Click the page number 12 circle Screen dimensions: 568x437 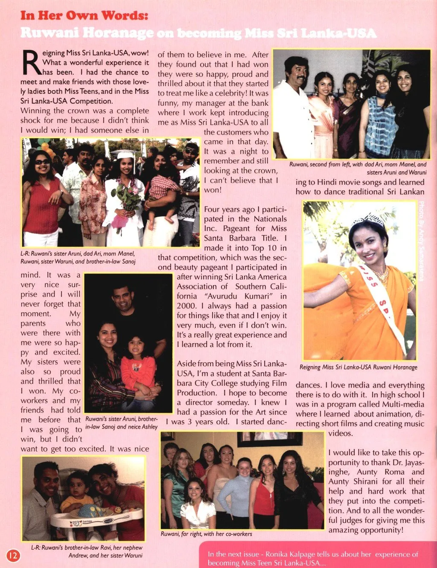pos(13,555)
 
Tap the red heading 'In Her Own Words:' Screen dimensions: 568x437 pos(84,15)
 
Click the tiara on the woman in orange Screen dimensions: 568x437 pos(367,219)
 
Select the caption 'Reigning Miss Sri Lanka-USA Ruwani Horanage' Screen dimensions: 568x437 pos(358,367)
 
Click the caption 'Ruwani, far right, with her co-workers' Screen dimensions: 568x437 pos(206,534)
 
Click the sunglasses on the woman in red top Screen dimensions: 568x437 pos(42,162)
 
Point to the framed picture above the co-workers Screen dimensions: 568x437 pos(270,439)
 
